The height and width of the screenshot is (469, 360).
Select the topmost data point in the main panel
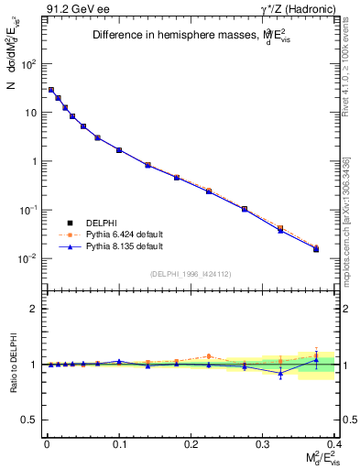point(51,90)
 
